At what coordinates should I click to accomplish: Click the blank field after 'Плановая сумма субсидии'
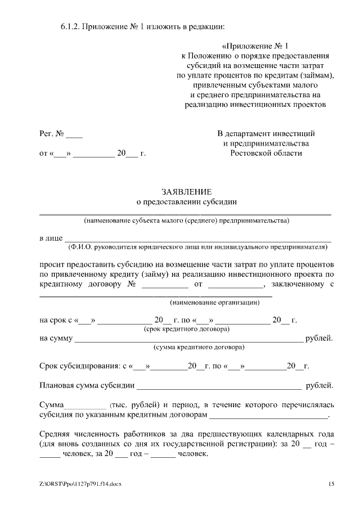click(x=219, y=388)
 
